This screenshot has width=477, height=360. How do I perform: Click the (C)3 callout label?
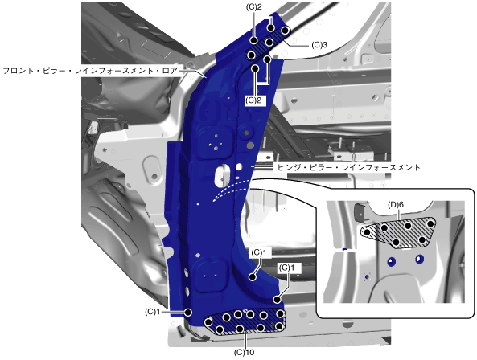coord(319,45)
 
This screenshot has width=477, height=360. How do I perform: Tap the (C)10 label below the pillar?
coord(244,353)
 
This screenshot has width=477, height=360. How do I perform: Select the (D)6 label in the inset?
coord(396,205)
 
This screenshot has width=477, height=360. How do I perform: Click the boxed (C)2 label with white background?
coord(253,100)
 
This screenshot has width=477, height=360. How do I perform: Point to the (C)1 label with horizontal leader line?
coord(152,312)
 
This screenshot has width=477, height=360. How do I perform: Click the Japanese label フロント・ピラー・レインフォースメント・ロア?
coord(90,71)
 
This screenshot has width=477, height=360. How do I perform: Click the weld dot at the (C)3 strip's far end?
coord(285,31)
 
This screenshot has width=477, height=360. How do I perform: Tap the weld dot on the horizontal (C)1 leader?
coord(188,312)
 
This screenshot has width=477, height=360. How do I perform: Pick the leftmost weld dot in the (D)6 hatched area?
coord(367,233)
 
